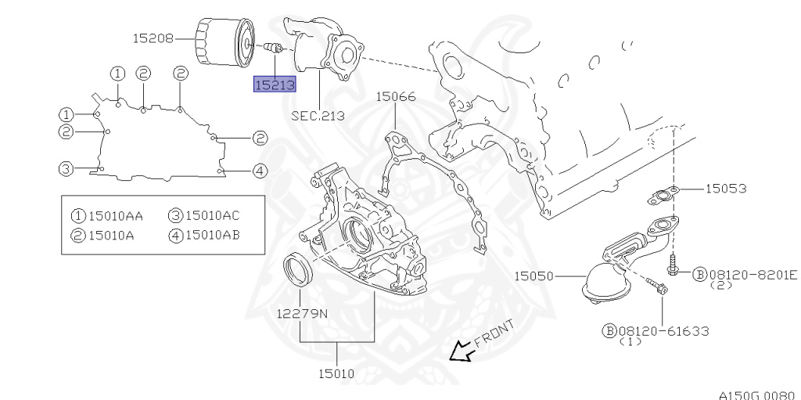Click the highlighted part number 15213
275,85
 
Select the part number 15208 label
153,38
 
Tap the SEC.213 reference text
318,116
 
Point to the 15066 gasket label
396,97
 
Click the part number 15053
726,189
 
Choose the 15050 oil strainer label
533,276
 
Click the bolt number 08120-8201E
753,276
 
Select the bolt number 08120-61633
663,331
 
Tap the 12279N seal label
303,314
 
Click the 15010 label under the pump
336,374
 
